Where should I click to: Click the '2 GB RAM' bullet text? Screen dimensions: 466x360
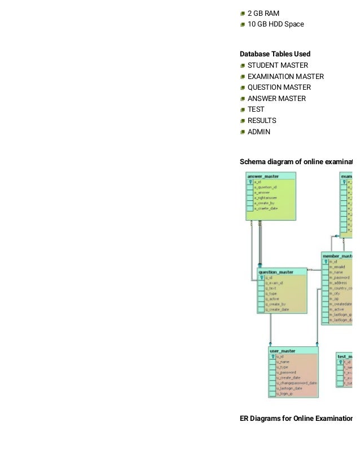click(263, 13)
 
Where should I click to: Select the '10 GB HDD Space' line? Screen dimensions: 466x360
click(275, 24)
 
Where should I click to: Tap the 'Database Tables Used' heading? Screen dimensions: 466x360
click(275, 54)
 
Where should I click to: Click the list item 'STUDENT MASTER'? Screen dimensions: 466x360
click(278, 65)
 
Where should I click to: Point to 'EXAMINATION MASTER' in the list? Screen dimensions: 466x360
click(286, 77)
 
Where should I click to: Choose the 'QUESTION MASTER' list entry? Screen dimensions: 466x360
click(279, 87)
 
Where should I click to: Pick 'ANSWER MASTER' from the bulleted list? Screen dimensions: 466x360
click(276, 99)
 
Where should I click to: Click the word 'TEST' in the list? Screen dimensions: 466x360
click(256, 109)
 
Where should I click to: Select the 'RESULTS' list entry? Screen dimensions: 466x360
click(262, 121)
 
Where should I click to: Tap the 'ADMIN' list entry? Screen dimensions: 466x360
click(259, 132)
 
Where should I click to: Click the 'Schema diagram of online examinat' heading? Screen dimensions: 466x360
click(296, 162)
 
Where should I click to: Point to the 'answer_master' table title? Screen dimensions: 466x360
click(263, 176)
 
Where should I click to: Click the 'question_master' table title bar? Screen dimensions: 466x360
click(276, 272)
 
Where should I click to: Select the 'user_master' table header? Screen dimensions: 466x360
click(283, 351)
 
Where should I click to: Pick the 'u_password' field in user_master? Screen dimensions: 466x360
click(287, 373)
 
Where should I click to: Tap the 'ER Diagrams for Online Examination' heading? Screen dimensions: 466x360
click(296, 419)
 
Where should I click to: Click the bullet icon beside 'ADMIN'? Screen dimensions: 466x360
click(242, 132)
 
